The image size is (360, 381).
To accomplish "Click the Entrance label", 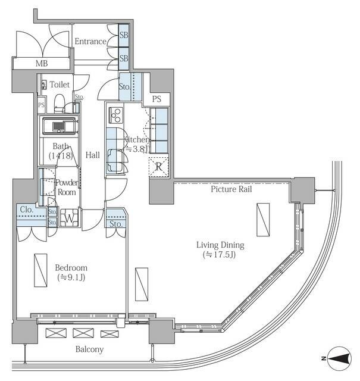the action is coord(90,41).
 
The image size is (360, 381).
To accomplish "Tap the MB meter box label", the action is coord(42,64).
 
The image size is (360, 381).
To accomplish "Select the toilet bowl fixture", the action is coord(59,103).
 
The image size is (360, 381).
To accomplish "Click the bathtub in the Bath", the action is coord(59,126).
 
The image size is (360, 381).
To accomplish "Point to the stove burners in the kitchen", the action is coord(115,115).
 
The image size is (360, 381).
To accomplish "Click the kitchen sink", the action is coord(115,160).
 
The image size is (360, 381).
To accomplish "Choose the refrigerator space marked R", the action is coord(159,167).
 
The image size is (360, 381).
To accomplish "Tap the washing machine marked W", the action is coord(69,218).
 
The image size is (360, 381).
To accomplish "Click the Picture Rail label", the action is coord(231,189).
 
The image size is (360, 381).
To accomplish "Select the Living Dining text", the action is coord(220,245).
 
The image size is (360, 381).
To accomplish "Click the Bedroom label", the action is coord(71,268).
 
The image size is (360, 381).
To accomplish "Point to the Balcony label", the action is coord(89,349).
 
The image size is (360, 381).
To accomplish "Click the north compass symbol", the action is coord(339,358).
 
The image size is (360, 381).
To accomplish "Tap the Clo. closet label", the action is coord(27,210).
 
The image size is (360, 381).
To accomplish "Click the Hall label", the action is coord(93,155).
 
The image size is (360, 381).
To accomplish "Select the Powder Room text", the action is coord(67,187).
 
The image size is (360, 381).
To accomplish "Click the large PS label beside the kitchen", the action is coord(156,99).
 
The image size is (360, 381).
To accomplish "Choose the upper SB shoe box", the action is coord(124,35).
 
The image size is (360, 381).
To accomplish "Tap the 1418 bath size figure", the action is coord(61,155).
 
